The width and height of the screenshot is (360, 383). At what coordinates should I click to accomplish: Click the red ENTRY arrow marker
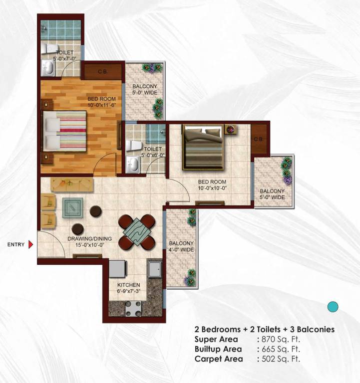coord(30,244)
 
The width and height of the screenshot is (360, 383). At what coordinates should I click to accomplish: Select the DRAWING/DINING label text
coord(89,238)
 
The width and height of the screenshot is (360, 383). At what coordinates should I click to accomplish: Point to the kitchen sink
coord(154,269)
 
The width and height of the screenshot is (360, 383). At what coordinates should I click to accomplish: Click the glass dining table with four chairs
coord(136,231)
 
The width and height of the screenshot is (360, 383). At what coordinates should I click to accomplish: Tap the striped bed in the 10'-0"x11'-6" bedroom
coord(65,132)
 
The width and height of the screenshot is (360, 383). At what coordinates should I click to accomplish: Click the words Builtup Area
coord(218,349)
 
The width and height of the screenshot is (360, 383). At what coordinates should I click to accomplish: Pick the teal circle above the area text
coord(333,307)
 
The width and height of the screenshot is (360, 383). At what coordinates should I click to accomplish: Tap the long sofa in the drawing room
coord(72,184)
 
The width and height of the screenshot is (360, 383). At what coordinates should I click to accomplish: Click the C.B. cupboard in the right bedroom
coord(258,139)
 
